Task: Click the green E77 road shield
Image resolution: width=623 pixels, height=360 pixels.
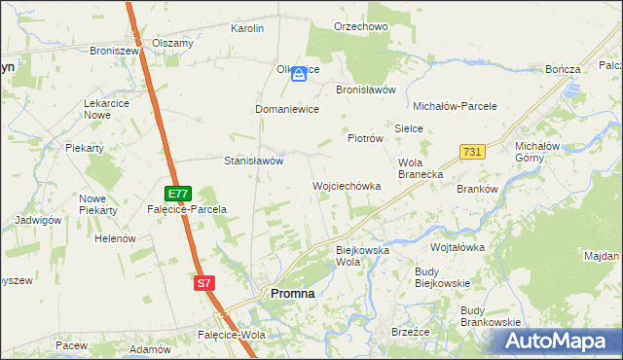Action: [178, 194]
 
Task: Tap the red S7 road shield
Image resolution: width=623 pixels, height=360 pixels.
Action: [202, 283]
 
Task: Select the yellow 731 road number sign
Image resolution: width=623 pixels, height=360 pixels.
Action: [472, 153]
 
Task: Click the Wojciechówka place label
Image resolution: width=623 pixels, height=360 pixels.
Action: [346, 185]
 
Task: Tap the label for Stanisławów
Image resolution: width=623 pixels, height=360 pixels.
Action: [253, 161]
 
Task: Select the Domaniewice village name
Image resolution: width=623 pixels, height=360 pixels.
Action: [287, 110]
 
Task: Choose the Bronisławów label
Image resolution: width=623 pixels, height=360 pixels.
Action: [365, 89]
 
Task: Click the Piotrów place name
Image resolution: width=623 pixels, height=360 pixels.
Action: [366, 139]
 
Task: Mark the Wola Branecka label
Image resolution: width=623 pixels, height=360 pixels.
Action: [421, 168]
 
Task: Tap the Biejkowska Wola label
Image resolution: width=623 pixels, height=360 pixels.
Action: [362, 256]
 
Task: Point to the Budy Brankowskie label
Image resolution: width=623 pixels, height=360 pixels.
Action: [491, 315]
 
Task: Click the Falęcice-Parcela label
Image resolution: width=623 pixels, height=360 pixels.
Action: [187, 209]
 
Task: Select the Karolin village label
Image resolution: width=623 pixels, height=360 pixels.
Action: [247, 28]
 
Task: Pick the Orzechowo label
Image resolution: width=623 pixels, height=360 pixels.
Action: [360, 26]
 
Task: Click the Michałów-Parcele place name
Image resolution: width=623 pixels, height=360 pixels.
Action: [455, 105]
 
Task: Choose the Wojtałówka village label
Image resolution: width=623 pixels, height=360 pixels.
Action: [458, 247]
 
